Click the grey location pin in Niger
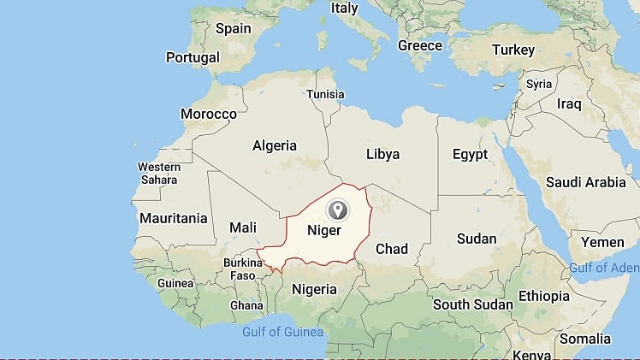[338, 210]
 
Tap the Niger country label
[324, 231]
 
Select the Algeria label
[275, 145]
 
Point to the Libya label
[382, 154]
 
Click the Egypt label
[470, 154]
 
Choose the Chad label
[392, 249]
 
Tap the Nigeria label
[315, 289]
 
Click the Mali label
[243, 227]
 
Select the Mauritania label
[174, 218]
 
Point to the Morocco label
[209, 114]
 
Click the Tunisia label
[325, 94]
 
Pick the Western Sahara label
[158, 173]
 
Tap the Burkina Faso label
[244, 269]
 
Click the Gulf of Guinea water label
[282, 332]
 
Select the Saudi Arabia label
[587, 182]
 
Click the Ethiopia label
[542, 296]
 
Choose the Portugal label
[193, 58]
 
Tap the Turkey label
[514, 50]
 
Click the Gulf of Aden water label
[605, 269]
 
